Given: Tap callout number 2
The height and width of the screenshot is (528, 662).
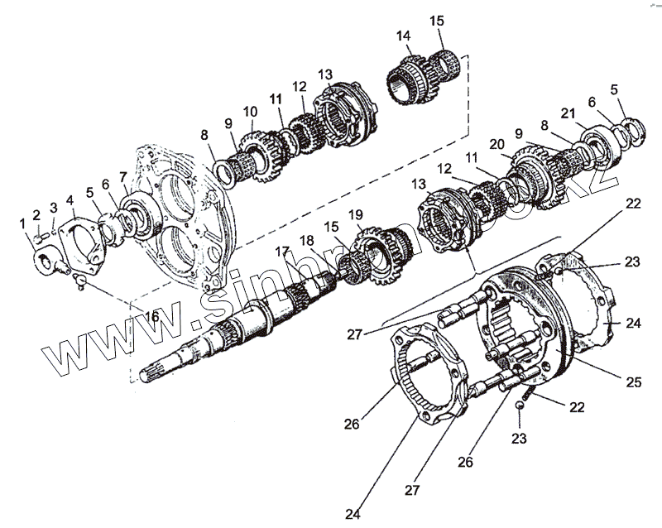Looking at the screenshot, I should pyautogui.click(x=36, y=215).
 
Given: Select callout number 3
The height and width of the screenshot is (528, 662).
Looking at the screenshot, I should pyautogui.click(x=54, y=207).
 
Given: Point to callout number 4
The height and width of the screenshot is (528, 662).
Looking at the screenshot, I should pyautogui.click(x=70, y=199).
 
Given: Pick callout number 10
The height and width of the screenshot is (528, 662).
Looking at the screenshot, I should pyautogui.click(x=250, y=111).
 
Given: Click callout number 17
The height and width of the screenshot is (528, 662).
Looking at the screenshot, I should pyautogui.click(x=282, y=251).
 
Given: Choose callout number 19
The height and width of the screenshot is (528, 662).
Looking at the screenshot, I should pyautogui.click(x=356, y=215).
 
